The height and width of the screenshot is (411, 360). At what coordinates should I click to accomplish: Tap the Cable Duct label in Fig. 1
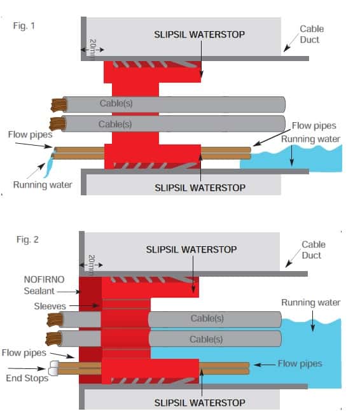(x=312, y=34)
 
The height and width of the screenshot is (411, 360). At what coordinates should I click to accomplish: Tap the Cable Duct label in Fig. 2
(x=313, y=249)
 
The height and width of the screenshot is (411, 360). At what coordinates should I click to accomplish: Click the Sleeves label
(x=50, y=306)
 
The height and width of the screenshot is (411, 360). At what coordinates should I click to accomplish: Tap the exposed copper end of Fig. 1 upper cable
(x=59, y=104)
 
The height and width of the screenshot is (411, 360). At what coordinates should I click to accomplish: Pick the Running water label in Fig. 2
(x=310, y=302)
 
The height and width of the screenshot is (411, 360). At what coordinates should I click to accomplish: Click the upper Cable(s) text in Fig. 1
(x=116, y=103)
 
